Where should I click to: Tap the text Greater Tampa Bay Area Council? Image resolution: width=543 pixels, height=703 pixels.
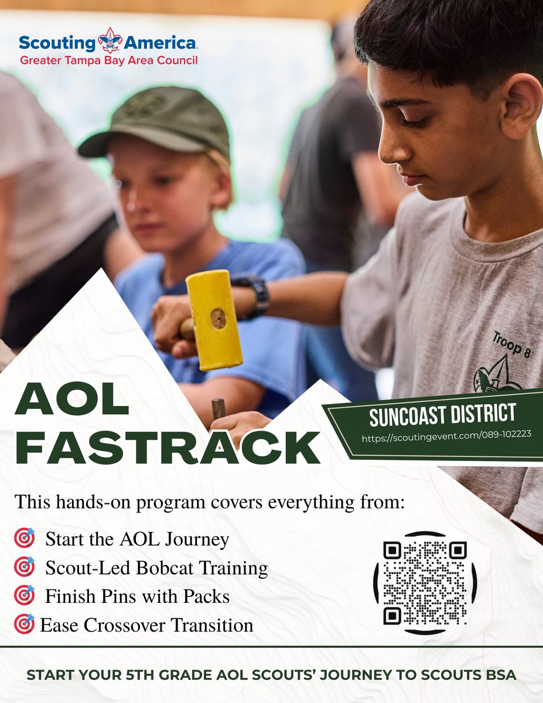[x=109, y=60]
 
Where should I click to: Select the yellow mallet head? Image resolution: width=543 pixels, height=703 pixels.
[x=214, y=319]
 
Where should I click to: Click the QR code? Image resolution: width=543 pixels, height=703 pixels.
[x=425, y=582]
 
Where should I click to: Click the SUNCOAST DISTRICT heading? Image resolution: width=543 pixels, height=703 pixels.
[x=442, y=415]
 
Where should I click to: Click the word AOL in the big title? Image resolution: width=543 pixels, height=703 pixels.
[x=71, y=401]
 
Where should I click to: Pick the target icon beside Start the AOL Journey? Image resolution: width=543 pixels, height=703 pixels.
[x=25, y=538]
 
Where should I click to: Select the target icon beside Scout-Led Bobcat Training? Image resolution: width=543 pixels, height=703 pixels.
[x=25, y=567]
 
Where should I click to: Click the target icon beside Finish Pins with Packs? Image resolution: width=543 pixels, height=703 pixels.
[x=25, y=595]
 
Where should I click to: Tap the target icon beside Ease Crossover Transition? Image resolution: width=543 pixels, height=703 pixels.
[x=25, y=624]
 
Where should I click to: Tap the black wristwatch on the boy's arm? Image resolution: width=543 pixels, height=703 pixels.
[x=257, y=295]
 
